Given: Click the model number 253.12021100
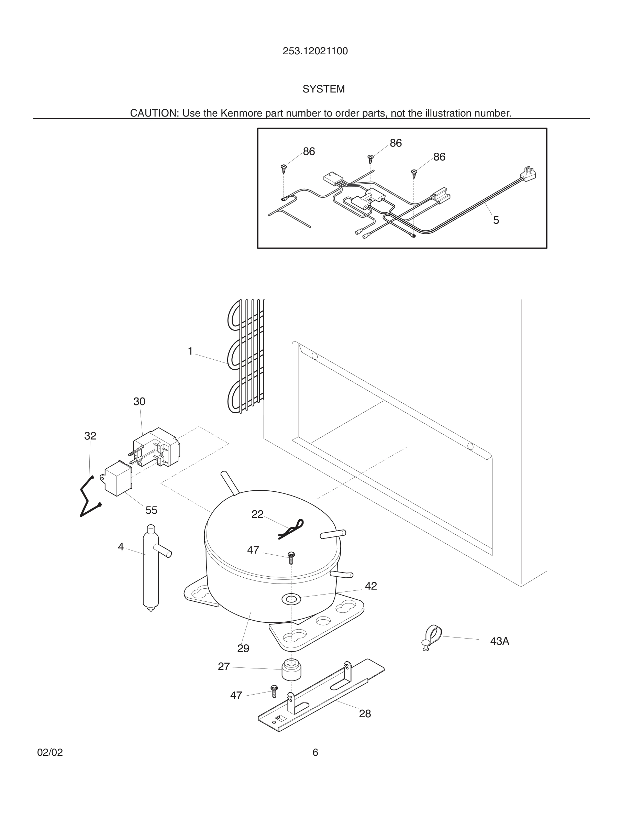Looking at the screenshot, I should (315, 51).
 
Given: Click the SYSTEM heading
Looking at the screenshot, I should (323, 89).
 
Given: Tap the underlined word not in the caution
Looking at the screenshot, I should (398, 113).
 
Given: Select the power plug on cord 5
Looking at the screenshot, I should (529, 174).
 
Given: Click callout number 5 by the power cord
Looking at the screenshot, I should (496, 220).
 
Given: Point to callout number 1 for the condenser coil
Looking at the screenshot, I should (190, 351).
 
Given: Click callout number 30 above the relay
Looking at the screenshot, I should (139, 401).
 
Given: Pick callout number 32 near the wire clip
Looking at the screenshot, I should (90, 436).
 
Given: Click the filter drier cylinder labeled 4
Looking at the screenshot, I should (151, 569).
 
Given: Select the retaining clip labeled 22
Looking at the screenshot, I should (291, 528).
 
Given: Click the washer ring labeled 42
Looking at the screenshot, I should (291, 599).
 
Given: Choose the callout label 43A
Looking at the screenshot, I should (499, 641).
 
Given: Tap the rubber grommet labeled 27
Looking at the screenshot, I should (291, 670).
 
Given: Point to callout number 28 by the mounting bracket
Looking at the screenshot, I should (365, 714).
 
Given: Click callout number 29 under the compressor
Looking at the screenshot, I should (243, 648).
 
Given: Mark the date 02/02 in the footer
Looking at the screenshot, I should (50, 752).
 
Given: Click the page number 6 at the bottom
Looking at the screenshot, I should (315, 752).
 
